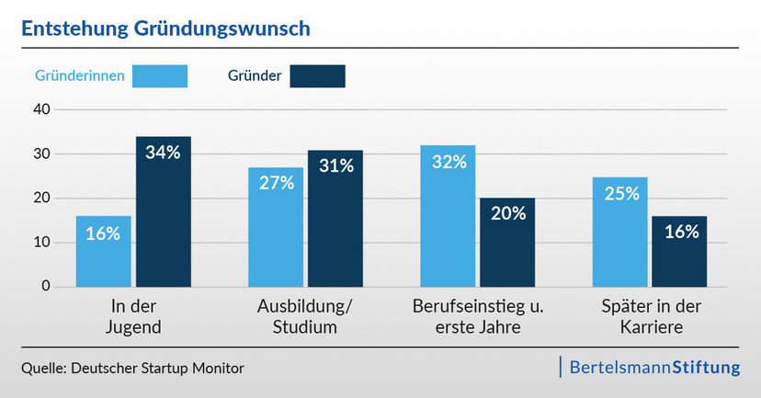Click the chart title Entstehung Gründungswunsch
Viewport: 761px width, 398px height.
(x=165, y=28)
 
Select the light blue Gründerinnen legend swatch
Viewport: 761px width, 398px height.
(x=160, y=75)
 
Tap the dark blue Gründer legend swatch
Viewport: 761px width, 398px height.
(x=317, y=75)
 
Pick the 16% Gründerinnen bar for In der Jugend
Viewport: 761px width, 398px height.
(x=103, y=252)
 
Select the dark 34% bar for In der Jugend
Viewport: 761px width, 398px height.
(x=164, y=211)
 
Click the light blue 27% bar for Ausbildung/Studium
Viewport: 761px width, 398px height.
(x=275, y=227)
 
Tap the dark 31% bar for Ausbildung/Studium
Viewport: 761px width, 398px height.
(x=335, y=218)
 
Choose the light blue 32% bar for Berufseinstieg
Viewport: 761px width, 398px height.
(x=448, y=216)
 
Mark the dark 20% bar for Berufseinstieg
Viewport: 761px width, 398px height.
(x=507, y=243)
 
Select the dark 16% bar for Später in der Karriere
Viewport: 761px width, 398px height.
(x=679, y=252)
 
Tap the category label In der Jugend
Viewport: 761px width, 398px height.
(x=133, y=315)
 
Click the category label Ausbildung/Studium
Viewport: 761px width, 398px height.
(x=305, y=315)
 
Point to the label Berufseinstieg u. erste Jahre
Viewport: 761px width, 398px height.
(x=477, y=315)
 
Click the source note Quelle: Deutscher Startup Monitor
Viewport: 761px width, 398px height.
(x=132, y=369)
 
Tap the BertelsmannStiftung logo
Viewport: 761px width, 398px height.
(x=654, y=368)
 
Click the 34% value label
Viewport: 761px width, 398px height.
(x=164, y=153)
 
